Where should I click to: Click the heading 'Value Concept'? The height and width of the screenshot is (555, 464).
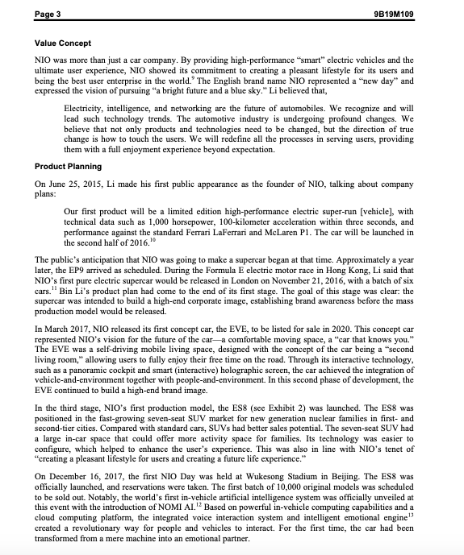click(63, 42)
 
